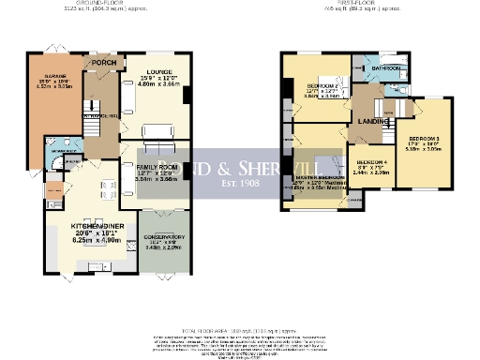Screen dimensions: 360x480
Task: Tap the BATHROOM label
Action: pos(384,68)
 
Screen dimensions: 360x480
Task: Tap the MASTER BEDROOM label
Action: pos(320,177)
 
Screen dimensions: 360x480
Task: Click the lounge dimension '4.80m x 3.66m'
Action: pos(158,82)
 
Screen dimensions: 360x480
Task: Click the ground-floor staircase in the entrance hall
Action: pos(93,122)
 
